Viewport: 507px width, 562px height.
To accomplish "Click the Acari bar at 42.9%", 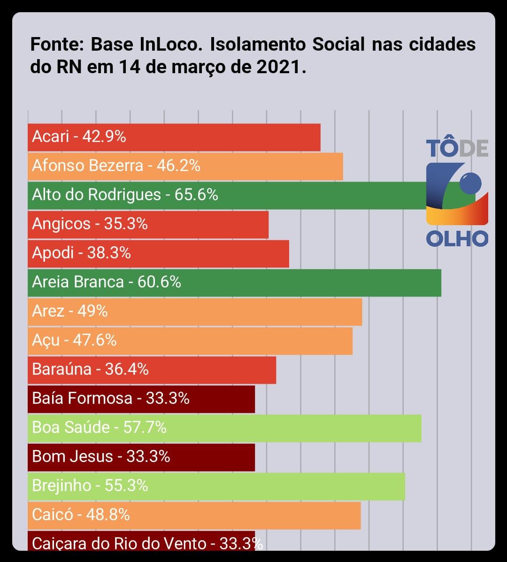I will point(174,137).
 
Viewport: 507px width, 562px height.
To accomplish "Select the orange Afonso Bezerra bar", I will point(185,166).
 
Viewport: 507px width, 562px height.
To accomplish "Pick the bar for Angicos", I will point(148,224).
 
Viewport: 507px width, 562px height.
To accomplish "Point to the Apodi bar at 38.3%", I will point(158,253).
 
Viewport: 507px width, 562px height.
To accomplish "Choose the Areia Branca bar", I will point(234,282).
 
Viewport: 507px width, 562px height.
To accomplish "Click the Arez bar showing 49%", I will point(195,311).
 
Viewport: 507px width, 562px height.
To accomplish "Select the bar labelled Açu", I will point(190,341).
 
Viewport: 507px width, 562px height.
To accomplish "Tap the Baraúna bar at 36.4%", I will point(152,370).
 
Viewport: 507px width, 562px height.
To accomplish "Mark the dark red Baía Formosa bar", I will point(141,399).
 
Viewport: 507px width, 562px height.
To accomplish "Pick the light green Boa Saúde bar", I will point(224,428).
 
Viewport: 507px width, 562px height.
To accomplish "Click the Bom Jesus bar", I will point(141,457).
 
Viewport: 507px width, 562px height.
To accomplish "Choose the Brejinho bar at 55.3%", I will point(216,486).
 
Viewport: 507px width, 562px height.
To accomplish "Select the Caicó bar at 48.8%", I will point(194,515).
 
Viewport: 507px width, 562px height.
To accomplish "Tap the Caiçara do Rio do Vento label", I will point(119,544).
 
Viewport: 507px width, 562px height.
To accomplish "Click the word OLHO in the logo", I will point(457,239).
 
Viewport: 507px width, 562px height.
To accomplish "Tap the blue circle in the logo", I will point(470,183).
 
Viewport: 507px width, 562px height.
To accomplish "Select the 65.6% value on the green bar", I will point(196,195).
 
